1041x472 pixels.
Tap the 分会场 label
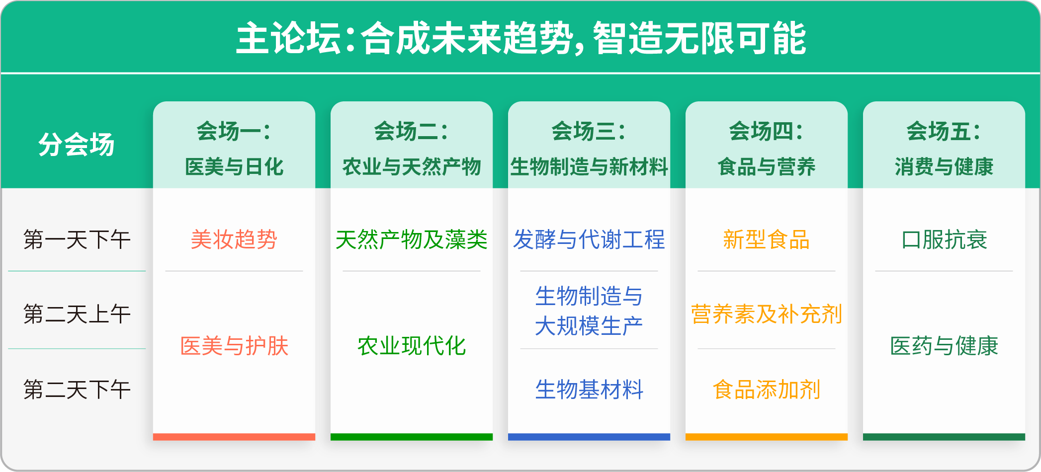tap(77, 145)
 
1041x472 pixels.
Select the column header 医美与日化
tap(234, 166)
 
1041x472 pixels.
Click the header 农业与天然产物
tap(412, 166)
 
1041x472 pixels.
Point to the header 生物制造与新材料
tap(589, 166)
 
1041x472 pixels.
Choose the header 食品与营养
tap(767, 166)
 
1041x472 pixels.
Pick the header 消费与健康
tap(944, 166)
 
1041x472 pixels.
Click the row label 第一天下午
tap(77, 239)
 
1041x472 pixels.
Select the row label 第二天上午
tap(77, 314)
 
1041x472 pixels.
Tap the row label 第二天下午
tap(77, 390)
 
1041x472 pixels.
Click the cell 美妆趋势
tap(234, 239)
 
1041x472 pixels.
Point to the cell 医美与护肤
tap(234, 346)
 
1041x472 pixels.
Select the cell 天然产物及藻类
tap(412, 239)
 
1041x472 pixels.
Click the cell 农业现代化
tap(412, 346)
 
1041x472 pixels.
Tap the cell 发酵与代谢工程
tap(589, 239)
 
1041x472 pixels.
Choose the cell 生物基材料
tap(589, 390)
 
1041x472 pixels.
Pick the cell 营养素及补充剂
tap(767, 314)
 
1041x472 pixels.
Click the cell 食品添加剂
tap(767, 390)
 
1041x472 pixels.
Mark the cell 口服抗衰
tap(944, 239)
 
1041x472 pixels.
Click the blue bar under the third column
tap(589, 437)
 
